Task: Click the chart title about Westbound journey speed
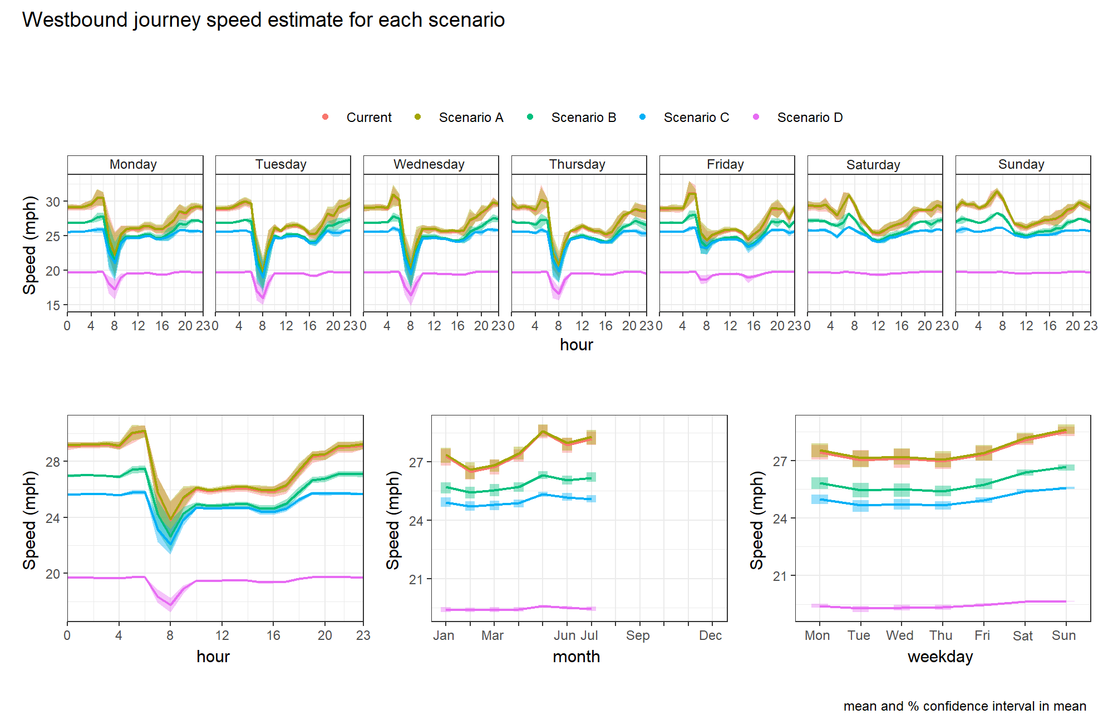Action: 263,20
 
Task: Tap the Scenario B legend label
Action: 584,118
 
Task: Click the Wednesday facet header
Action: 429,164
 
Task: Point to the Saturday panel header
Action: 873,164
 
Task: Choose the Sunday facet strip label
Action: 1021,164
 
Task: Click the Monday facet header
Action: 133,164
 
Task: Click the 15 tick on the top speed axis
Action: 53,305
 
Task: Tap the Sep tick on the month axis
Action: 638,635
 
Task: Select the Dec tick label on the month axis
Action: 711,635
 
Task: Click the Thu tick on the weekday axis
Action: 941,635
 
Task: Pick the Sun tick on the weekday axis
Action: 1063,635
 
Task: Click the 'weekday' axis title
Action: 940,657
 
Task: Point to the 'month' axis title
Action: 577,657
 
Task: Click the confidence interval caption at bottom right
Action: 965,706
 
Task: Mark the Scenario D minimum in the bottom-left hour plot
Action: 170,605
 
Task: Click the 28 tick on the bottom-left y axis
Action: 53,462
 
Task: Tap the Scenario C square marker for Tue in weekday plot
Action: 860,506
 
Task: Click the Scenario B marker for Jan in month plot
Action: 445,488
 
